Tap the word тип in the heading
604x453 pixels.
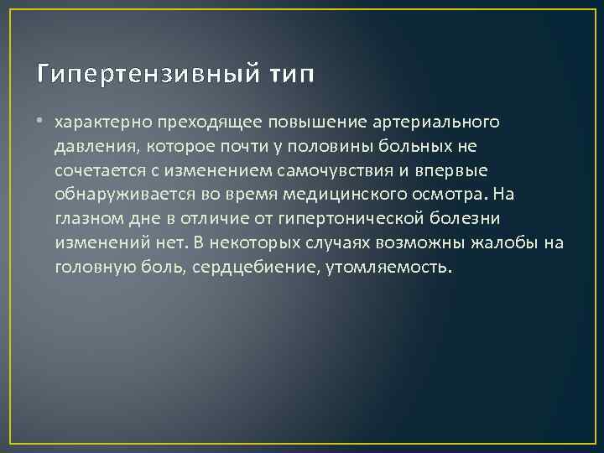click(292, 75)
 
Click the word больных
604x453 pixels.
click(428, 147)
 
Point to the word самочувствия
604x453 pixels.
click(333, 171)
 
